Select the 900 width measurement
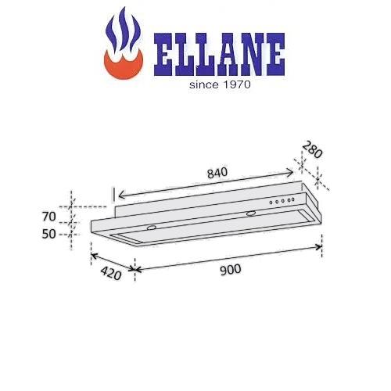(229, 269)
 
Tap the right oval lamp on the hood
(249, 213)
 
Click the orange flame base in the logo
(123, 66)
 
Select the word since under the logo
(206, 84)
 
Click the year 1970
(236, 84)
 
